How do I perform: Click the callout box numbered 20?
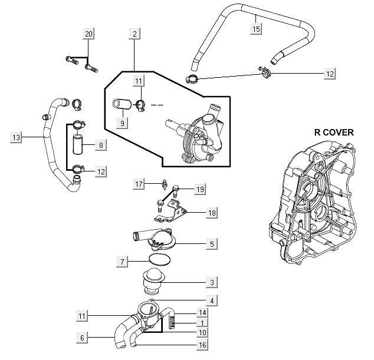(x=88, y=34)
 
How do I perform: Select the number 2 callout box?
(x=134, y=34)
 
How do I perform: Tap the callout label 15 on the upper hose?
(x=255, y=28)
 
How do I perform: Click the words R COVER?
(x=331, y=133)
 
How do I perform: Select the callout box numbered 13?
(x=16, y=137)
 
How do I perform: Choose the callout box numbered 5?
(x=212, y=243)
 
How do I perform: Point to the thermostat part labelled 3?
(x=156, y=280)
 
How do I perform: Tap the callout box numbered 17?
(x=139, y=184)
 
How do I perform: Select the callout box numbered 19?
(x=200, y=189)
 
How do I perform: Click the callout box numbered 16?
(x=203, y=345)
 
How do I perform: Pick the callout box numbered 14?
(x=203, y=313)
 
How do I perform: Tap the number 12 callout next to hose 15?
(x=329, y=74)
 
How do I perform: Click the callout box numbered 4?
(x=211, y=300)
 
